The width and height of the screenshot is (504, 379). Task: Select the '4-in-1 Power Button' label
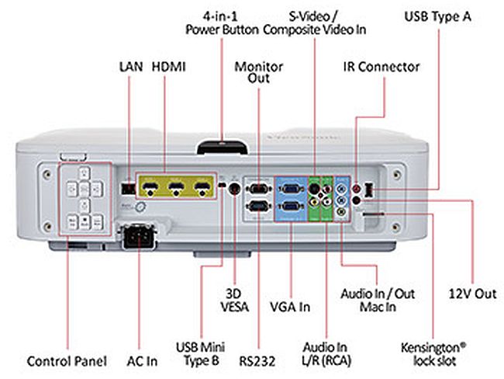pos(221,23)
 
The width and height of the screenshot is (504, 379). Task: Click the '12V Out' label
pos(471,294)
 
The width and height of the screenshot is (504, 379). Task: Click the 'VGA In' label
pos(289,307)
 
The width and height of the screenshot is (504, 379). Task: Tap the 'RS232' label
pos(251,361)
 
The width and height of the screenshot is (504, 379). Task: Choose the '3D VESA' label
pos(234,300)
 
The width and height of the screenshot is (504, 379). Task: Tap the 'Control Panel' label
pos(66,361)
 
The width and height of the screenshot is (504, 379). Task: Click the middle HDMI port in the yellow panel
pos(176,187)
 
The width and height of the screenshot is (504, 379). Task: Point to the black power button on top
pos(223,145)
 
